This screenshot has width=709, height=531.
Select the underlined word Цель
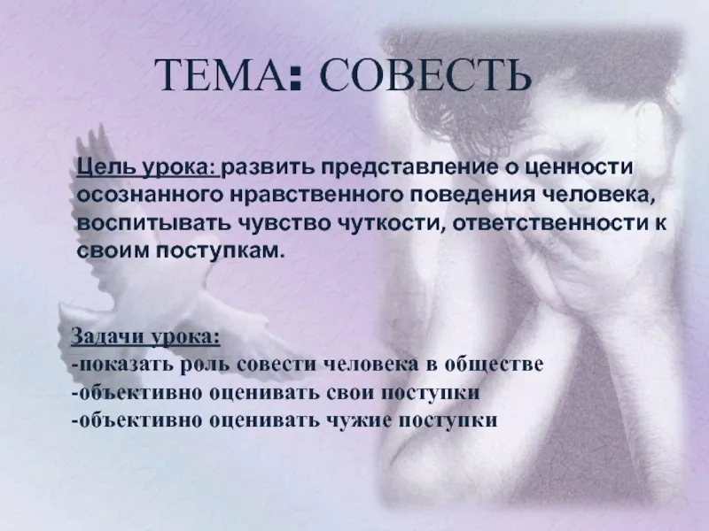pyautogui.click(x=106, y=168)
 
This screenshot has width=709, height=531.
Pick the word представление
pyautogui.click(x=409, y=168)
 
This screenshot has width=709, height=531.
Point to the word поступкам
pyautogui.click(x=221, y=251)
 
